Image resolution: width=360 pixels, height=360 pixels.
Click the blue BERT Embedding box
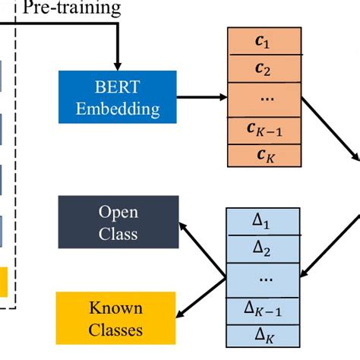click(x=118, y=97)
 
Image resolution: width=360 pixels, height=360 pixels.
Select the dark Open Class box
click(x=118, y=222)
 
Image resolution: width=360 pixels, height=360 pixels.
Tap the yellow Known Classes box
click(x=115, y=318)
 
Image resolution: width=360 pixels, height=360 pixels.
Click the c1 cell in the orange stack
click(x=264, y=41)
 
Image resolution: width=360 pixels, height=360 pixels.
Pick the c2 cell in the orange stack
click(x=264, y=68)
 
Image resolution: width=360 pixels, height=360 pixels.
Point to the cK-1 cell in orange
click(x=264, y=131)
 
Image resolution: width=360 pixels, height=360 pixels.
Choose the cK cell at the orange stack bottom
click(x=264, y=156)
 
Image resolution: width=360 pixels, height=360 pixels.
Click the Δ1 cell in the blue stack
click(x=263, y=222)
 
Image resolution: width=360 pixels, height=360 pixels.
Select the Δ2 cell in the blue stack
click(x=263, y=249)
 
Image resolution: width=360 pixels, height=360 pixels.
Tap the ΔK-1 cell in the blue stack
click(x=263, y=311)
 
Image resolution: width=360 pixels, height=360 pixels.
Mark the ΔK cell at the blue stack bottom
click(x=263, y=336)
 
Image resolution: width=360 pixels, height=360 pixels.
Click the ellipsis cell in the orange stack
click(x=264, y=99)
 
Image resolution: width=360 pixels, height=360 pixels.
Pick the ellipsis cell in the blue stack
click(x=263, y=280)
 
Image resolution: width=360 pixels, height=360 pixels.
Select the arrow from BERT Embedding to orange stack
click(x=202, y=97)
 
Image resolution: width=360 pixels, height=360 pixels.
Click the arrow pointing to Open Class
click(x=203, y=250)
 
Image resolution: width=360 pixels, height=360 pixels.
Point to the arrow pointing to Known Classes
click(x=201, y=298)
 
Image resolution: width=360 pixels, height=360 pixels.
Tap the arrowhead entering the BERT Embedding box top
click(x=118, y=67)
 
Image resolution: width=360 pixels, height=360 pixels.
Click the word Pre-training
click(x=72, y=8)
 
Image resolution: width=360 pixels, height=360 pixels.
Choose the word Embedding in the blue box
click(x=118, y=109)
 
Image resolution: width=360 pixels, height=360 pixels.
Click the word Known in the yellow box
click(x=116, y=308)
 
